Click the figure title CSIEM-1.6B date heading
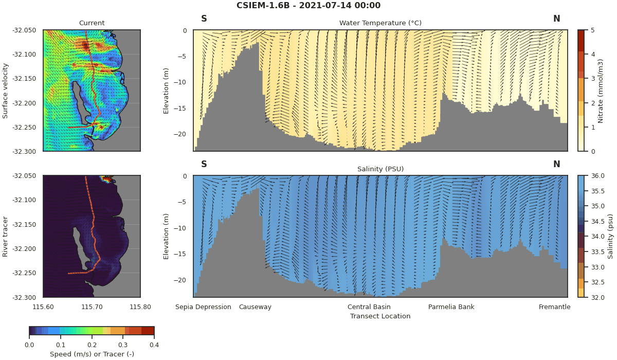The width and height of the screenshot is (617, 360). point(308,6)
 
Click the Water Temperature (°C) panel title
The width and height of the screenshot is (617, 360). point(380,23)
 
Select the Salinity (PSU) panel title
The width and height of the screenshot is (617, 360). point(380,169)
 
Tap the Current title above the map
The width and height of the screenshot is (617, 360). point(92,23)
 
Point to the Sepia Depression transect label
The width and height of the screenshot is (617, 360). point(203,307)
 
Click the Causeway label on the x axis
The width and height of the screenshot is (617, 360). point(255,307)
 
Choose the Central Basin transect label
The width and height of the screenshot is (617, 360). point(369,307)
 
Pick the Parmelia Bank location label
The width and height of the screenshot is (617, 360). point(451,307)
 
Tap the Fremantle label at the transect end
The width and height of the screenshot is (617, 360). point(554,307)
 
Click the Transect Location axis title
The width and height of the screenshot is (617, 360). point(380,316)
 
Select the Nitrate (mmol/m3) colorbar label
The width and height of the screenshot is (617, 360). point(601,91)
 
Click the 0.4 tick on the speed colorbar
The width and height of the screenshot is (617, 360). point(154,345)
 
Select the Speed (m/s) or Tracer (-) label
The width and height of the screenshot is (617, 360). point(92,354)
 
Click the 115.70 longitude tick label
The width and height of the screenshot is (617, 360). point(92,307)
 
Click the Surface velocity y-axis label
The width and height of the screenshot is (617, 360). point(6,91)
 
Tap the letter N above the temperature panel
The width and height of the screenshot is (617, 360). point(556,19)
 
